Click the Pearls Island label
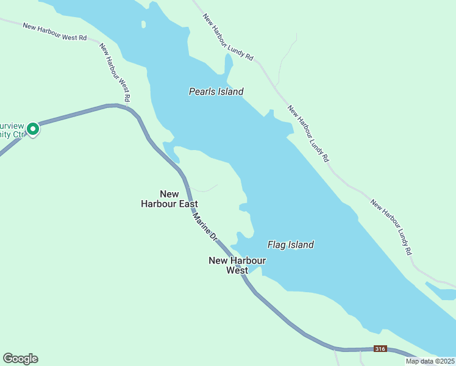[x=216, y=92]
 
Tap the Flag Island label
[x=291, y=245]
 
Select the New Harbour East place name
[x=169, y=199]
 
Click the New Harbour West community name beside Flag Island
[x=237, y=265]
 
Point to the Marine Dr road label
[x=205, y=226]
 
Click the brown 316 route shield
[x=380, y=349]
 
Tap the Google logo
[x=20, y=359]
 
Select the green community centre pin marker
[x=33, y=129]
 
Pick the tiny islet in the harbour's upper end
[x=144, y=25]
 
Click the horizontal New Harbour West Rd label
[x=55, y=32]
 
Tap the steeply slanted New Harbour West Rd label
[x=115, y=72]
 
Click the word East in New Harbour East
[x=187, y=204]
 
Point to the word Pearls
[x=201, y=92]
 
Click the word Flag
[x=277, y=245]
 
